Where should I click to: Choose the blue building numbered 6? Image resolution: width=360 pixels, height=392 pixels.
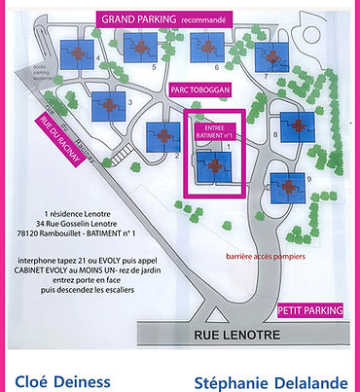pyautogui.click(x=205, y=46)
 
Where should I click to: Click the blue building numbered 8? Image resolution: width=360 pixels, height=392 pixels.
pyautogui.click(x=293, y=125)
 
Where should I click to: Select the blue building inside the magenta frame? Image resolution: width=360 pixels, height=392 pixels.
pyautogui.click(x=211, y=168)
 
